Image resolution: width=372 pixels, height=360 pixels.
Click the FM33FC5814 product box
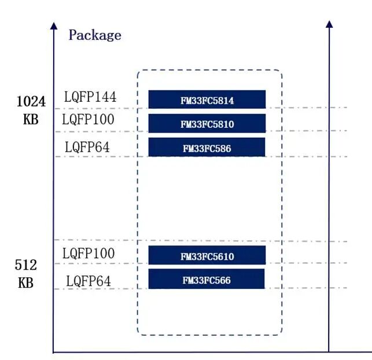coord(207,100)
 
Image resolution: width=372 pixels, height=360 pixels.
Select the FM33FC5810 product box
coord(207,123)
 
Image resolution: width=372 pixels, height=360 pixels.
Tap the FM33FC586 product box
coord(207,147)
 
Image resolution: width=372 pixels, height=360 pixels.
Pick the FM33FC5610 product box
coord(207,255)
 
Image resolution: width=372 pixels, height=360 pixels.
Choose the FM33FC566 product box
coord(207,279)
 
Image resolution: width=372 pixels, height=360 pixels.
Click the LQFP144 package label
coord(90,97)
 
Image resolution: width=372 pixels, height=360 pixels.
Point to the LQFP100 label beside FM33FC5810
coord(88,120)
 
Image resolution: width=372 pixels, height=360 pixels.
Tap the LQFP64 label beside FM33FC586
coord(87,147)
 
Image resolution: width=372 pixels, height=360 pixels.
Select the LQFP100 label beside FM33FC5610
coord(88,254)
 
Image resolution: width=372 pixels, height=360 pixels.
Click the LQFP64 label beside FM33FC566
coord(89,281)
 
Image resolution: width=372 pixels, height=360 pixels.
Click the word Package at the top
coord(95,35)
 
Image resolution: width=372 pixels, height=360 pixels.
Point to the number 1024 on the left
coord(31,101)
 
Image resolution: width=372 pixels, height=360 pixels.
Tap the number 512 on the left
coord(25,266)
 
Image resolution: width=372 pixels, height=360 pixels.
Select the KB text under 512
coord(25,284)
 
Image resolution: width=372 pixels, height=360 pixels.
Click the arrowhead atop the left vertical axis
coord(54,25)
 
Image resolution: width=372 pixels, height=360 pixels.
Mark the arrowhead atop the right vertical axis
coord(329,24)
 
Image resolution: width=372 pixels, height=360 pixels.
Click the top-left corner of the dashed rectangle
coord(138,72)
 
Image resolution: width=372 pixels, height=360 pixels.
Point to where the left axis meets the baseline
coord(54,352)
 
